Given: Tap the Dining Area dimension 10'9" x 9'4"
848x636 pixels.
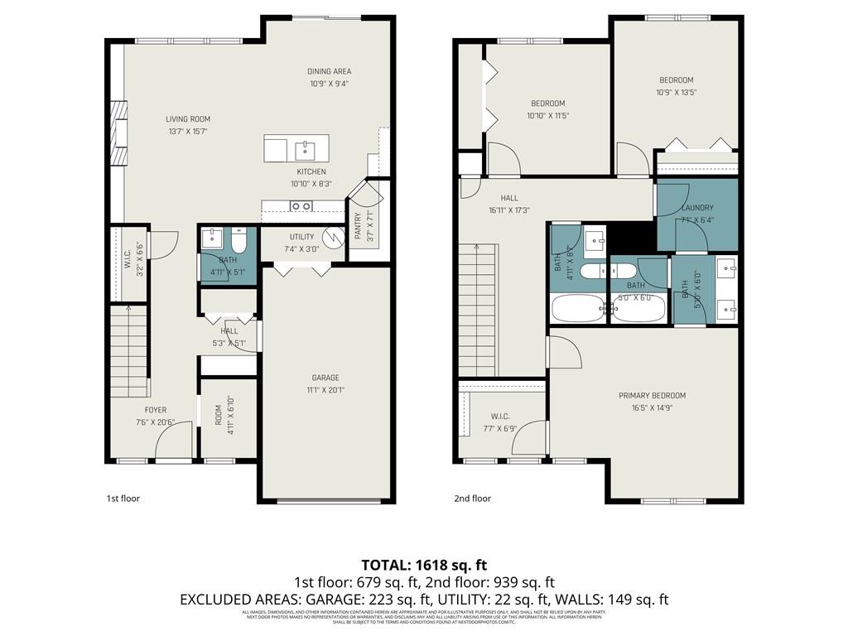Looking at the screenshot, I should click(330, 84).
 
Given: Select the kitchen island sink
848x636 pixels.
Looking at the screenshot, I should click(306, 149).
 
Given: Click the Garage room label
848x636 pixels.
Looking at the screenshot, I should click(325, 377).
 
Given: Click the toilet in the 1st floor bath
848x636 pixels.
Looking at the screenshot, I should click(239, 242).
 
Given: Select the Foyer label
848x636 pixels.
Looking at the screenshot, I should click(156, 410).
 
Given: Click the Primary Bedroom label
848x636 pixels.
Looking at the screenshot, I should click(652, 396).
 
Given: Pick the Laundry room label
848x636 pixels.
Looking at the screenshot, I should click(697, 208).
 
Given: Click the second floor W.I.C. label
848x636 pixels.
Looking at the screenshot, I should click(499, 416).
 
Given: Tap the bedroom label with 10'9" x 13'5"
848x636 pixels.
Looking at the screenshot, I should click(676, 80).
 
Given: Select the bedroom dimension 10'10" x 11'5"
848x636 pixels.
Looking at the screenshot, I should click(547, 116).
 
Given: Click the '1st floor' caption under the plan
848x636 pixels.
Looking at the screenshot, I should click(123, 499).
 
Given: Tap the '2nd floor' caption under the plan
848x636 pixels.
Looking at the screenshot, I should click(472, 499).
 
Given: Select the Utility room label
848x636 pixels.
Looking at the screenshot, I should click(301, 237).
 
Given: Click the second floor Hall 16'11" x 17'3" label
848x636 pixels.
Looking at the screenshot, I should click(508, 199).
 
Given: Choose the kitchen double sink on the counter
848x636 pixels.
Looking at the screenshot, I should click(300, 206).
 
